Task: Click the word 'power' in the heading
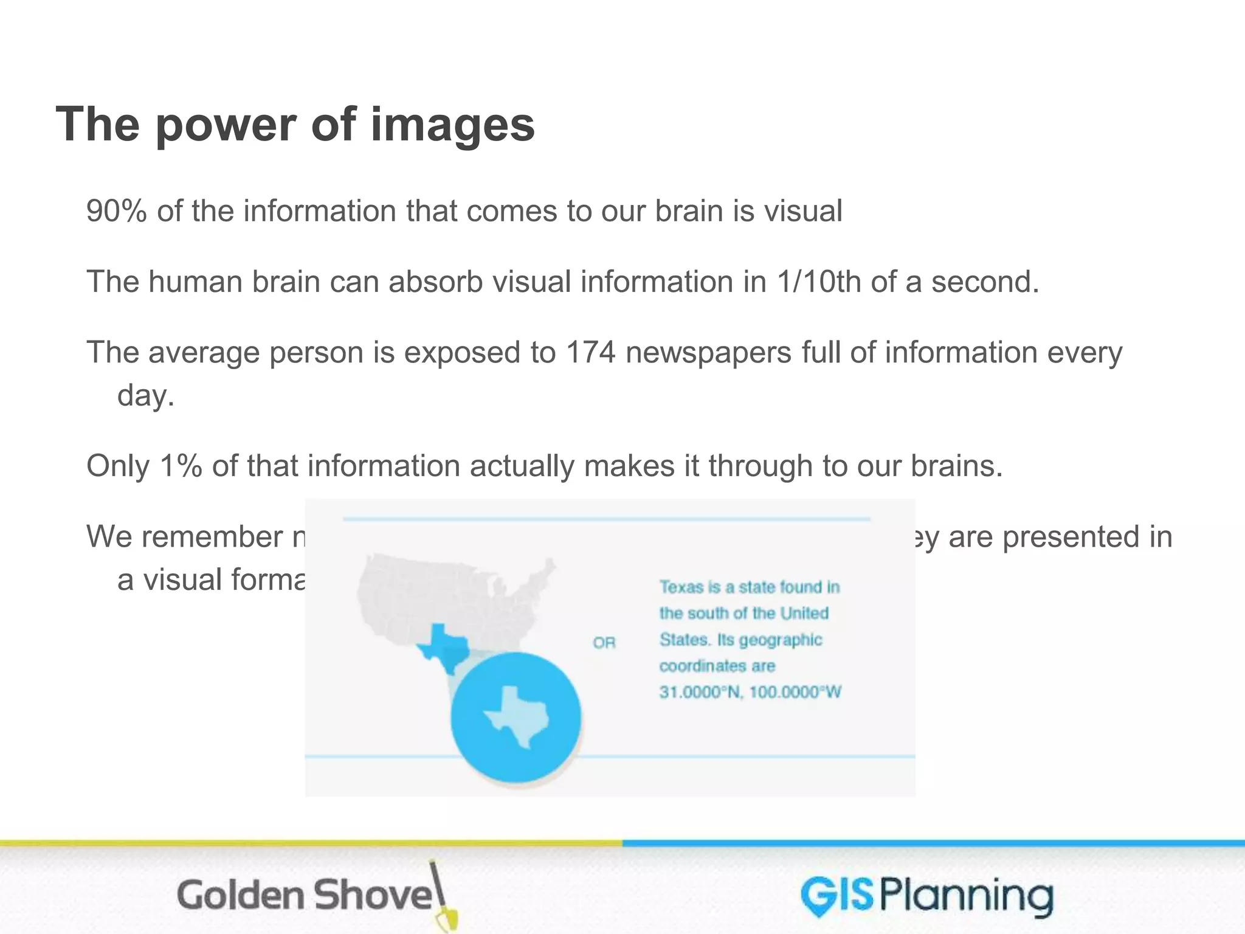(225, 124)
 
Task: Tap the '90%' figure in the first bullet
(117, 211)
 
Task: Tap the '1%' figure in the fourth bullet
(181, 466)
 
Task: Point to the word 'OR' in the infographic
(604, 643)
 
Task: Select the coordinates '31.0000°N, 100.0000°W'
(750, 692)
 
